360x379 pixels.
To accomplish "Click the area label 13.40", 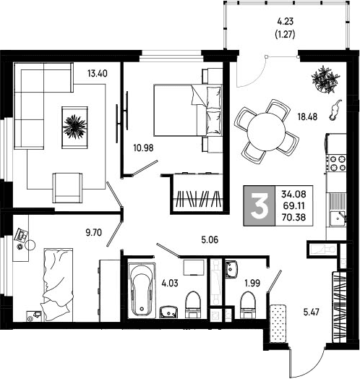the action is (98, 73).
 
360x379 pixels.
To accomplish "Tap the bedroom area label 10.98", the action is (144, 148).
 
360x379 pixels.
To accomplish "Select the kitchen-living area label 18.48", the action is (307, 117).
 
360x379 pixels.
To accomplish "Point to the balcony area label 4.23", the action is (285, 22).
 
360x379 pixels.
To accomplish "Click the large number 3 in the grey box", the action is (260, 206).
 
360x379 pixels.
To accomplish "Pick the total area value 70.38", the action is (293, 217).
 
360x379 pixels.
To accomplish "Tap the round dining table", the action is (266, 132).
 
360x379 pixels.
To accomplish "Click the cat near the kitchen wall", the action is (335, 110).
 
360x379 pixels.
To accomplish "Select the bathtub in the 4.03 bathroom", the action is (142, 291).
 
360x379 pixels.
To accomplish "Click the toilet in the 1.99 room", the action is (248, 305).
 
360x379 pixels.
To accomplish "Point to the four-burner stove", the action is (338, 163).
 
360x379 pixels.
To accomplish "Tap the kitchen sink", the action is (337, 218).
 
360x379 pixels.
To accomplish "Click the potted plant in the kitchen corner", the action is (325, 80).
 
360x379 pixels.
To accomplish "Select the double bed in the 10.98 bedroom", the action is (188, 110).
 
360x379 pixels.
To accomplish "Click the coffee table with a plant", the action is (74, 127).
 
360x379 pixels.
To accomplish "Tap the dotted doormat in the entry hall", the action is (278, 324).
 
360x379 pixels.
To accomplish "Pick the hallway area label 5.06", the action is (210, 240).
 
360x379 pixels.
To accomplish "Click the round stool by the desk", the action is (30, 245).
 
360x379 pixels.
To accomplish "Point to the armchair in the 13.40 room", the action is (67, 187).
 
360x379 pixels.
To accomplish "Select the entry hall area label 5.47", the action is (311, 312).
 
